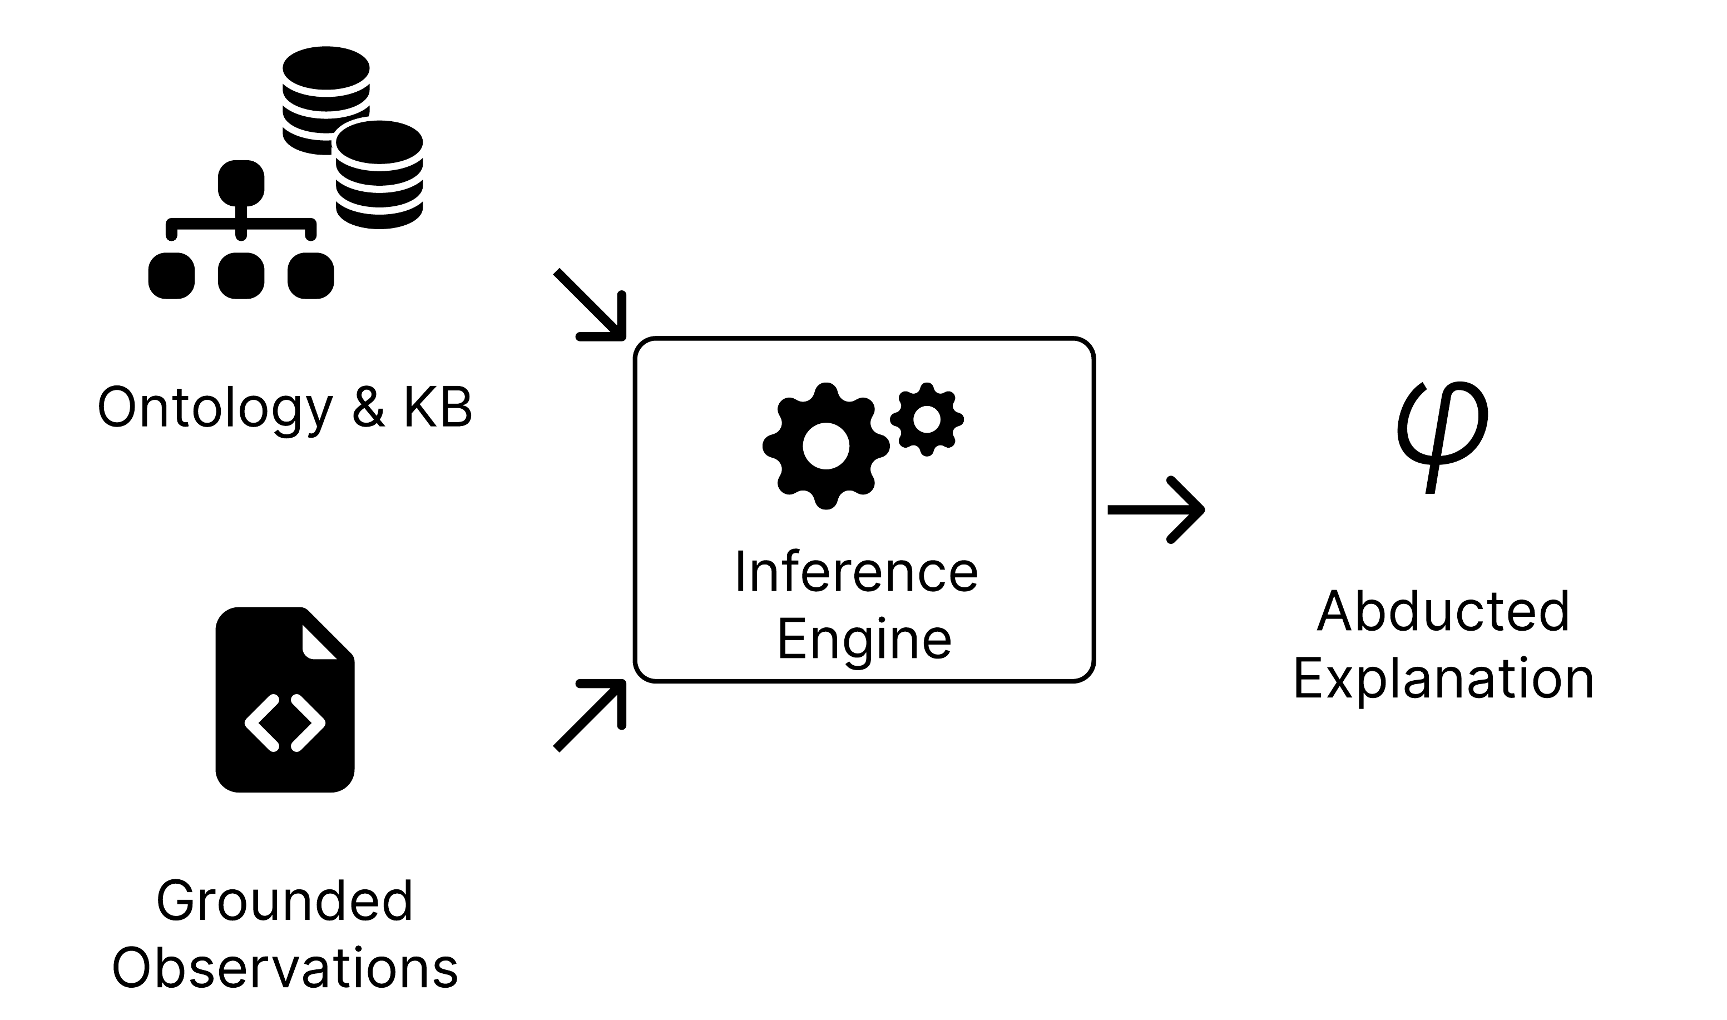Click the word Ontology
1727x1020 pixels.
pos(214,408)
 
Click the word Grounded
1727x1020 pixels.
pos(285,901)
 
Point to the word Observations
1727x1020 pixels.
pos(285,968)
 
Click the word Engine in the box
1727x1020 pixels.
pos(864,638)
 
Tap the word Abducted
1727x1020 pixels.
pos(1443,611)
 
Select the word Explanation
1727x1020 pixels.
pos(1443,679)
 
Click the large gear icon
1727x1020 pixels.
pos(825,446)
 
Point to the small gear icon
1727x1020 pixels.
pos(927,419)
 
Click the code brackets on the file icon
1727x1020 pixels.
pos(285,723)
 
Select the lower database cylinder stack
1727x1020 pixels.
pos(379,175)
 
